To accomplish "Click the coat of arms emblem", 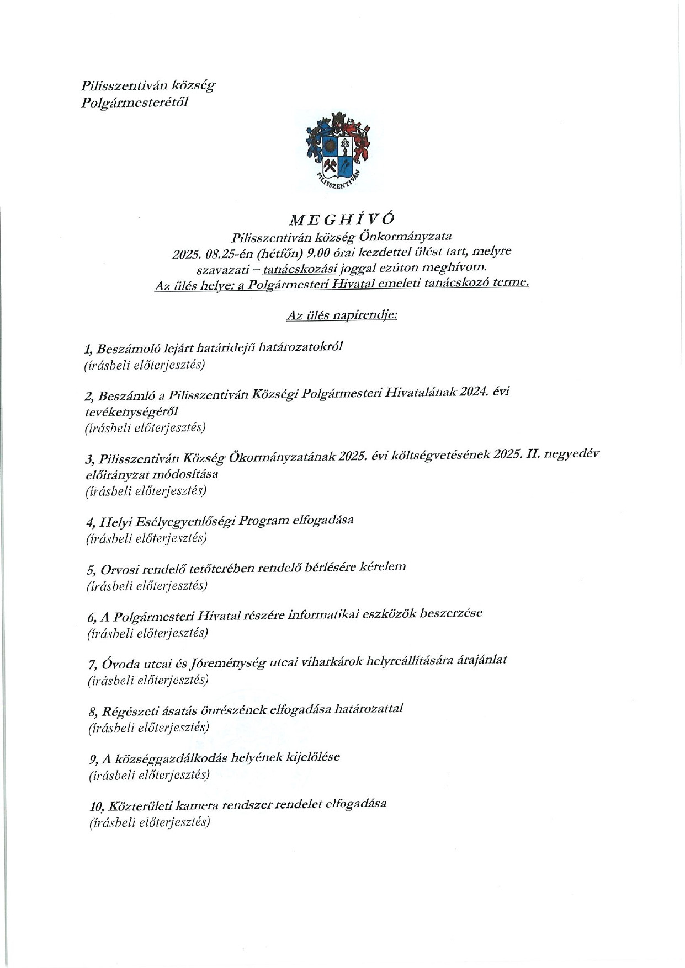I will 338,150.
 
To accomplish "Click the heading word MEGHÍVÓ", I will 342,219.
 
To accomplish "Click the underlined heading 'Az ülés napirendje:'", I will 342,315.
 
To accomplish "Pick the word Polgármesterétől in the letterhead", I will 135,103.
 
